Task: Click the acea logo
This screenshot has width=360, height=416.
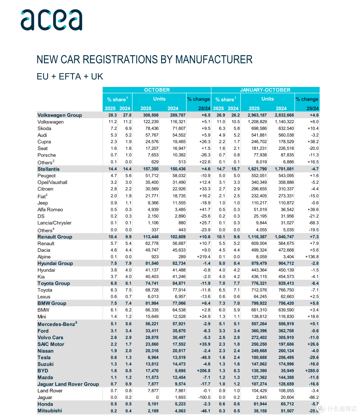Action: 51,20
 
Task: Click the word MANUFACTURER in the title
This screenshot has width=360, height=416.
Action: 214,60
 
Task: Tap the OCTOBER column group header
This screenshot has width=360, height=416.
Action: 157,90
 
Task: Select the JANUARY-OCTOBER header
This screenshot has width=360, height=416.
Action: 265,90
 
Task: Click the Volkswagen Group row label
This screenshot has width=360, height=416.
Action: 60,115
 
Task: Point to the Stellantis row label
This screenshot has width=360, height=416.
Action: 48,169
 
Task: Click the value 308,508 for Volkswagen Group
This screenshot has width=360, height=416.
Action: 151,115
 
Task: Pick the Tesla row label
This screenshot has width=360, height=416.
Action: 44,357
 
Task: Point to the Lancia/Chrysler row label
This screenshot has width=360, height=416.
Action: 55,223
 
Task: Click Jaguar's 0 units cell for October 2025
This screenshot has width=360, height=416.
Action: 157,397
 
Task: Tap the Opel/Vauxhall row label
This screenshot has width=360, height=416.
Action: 52,182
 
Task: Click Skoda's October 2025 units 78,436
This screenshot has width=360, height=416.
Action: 152,128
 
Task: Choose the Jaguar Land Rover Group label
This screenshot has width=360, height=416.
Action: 68,384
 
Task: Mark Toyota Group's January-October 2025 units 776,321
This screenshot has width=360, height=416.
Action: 259,283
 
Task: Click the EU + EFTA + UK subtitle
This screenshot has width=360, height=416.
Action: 70,76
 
